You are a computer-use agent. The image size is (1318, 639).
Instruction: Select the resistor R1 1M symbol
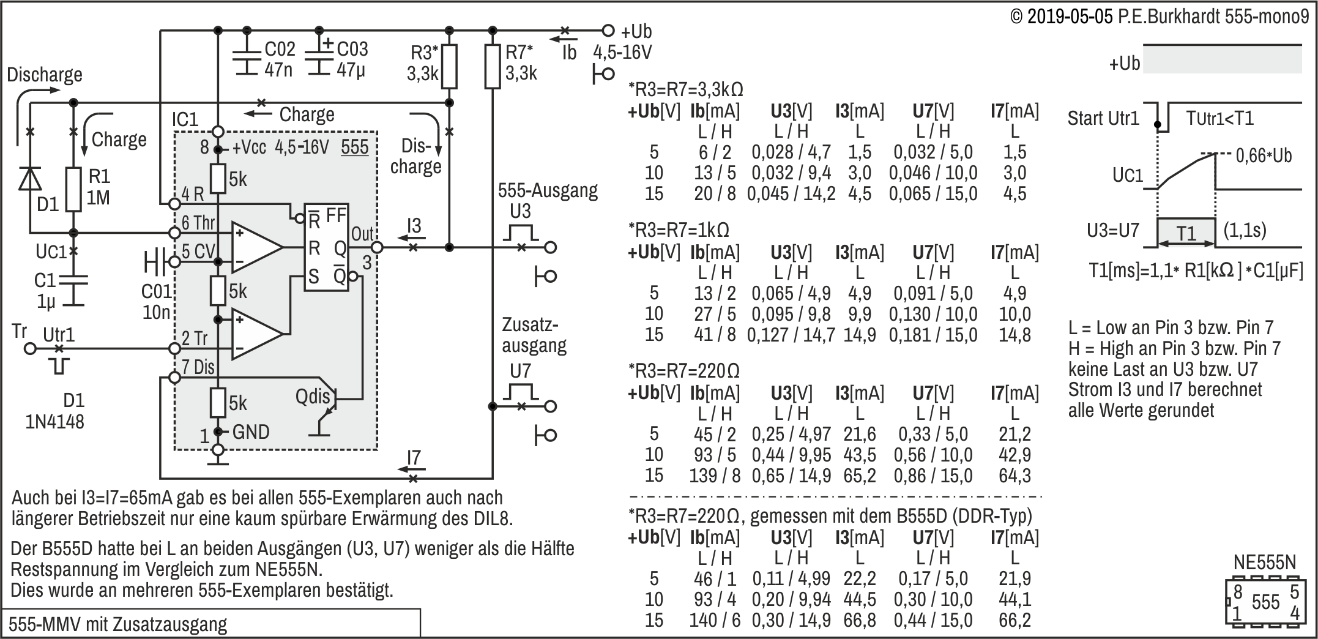73,189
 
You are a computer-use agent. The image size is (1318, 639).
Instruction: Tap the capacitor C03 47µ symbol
319,59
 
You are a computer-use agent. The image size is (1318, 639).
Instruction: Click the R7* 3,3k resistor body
493,67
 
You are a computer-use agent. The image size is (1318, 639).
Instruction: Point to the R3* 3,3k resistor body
449,67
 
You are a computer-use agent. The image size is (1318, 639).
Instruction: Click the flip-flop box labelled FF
327,247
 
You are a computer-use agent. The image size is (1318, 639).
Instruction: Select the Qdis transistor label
312,397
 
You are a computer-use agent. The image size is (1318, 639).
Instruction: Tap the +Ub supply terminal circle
608,30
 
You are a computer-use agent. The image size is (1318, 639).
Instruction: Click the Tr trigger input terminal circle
29,349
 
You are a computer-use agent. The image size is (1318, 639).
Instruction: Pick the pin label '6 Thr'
198,223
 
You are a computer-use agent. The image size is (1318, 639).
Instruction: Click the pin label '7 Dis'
198,367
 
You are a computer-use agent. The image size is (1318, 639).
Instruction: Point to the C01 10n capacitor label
156,302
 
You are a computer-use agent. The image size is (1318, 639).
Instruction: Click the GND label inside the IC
251,432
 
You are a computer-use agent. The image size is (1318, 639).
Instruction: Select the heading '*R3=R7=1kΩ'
679,230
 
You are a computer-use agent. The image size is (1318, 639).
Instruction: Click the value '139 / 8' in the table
715,476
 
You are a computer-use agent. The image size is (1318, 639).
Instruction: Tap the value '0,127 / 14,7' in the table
791,335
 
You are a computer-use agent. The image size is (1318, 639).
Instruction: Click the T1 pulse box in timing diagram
1186,233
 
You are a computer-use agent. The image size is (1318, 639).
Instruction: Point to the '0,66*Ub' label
1264,155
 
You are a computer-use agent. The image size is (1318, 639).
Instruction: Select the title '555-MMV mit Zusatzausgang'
117,624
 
